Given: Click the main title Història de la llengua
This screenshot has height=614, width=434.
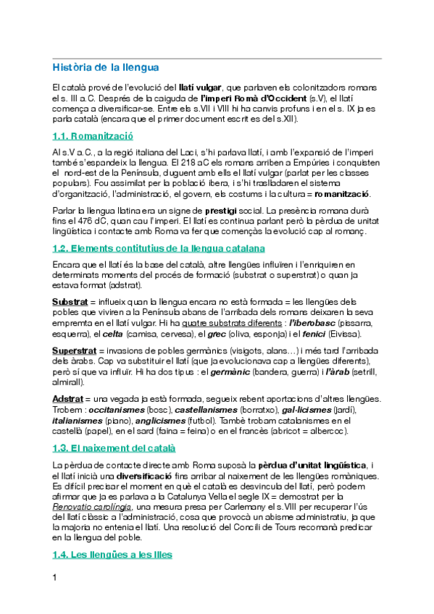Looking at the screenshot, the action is (105, 68).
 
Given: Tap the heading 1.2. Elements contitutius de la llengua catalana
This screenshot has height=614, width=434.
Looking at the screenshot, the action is (154, 249).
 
